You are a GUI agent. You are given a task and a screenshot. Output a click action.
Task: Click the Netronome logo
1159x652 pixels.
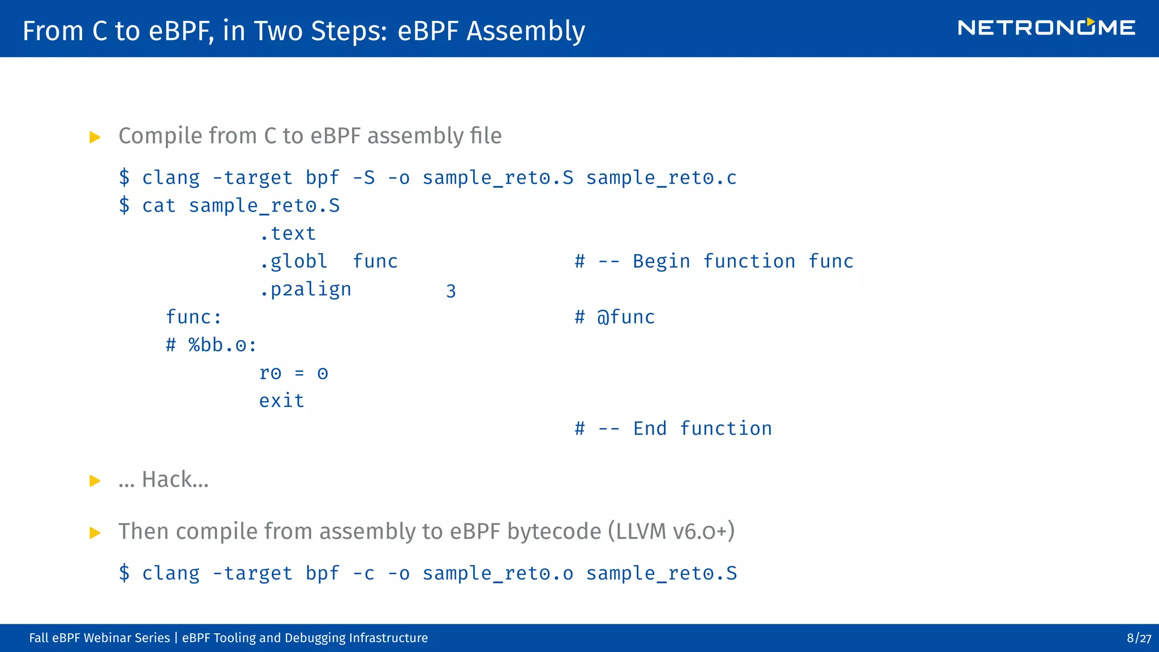1046,28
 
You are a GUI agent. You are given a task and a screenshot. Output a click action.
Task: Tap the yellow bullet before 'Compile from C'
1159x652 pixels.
95,137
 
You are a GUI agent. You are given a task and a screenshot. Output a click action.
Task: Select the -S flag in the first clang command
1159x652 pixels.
363,178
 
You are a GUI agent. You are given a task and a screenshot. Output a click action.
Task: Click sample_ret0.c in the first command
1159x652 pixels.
661,178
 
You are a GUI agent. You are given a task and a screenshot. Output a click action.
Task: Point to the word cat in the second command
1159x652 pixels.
159,205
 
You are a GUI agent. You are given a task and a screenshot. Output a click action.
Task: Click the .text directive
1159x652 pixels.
287,233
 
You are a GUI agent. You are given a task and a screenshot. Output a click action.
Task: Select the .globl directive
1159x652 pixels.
293,261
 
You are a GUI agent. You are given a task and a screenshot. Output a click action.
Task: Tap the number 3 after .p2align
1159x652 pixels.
450,291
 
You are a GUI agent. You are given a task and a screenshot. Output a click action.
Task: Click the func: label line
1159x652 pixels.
194,317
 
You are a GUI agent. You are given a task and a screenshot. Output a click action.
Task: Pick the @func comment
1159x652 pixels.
625,317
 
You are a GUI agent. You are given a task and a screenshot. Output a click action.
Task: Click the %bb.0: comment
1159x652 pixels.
211,345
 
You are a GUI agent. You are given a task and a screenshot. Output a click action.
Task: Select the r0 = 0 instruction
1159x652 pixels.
293,373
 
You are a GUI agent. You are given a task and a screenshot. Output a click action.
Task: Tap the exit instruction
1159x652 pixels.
281,401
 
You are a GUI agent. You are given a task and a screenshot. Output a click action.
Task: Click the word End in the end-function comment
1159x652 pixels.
650,428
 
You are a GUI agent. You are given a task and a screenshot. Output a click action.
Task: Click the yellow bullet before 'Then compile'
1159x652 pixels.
95,533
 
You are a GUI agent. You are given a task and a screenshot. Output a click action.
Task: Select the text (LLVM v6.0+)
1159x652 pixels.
671,531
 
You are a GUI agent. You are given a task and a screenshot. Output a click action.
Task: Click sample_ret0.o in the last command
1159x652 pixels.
497,573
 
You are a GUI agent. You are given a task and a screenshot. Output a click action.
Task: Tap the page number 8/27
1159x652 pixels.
1139,638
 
